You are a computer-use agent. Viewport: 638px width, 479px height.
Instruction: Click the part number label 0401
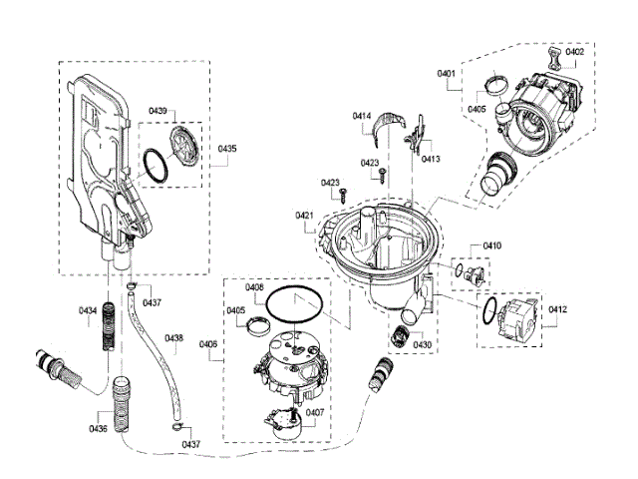coord(446,73)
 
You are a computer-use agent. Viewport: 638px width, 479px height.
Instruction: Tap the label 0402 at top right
coord(575,51)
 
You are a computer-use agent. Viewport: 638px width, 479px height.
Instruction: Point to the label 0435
coord(227,148)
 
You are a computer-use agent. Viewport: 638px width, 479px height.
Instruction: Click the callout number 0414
coord(362,118)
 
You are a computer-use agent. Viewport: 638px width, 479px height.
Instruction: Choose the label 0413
coord(431,159)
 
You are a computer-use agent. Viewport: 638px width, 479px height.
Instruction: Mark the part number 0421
coord(304,216)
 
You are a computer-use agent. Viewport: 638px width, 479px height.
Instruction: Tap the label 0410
coord(492,245)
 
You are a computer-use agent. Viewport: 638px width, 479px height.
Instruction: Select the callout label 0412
coord(558,310)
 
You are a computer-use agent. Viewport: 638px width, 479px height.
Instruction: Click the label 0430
coord(423,345)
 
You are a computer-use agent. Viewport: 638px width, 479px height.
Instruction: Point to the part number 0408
coord(254,287)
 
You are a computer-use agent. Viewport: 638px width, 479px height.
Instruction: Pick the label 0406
coord(208,344)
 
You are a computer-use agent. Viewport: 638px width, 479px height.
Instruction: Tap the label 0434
coord(88,311)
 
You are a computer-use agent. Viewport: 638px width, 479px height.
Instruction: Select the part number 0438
coord(174,338)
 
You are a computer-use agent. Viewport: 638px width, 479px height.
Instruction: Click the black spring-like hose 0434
coord(111,330)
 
